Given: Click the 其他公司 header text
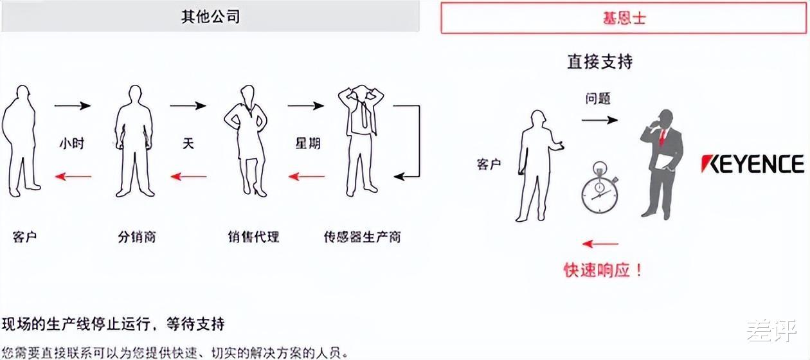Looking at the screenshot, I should click(210, 17).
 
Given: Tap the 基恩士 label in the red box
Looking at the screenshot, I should click(624, 18).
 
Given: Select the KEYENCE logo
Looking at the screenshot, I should click(752, 165).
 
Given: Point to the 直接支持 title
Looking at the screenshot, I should click(599, 62).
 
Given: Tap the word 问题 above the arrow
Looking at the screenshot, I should click(598, 99).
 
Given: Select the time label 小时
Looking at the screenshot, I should click(72, 143).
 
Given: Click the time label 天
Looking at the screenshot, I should click(188, 143).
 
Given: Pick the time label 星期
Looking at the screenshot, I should click(307, 143).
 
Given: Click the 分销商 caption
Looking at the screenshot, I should click(137, 237).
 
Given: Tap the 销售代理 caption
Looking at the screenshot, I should click(253, 237).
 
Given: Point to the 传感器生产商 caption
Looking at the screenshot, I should click(362, 237).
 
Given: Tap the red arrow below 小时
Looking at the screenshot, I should click(72, 176).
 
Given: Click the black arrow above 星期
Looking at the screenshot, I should click(306, 105).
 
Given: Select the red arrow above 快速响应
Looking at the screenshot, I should click(599, 244).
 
